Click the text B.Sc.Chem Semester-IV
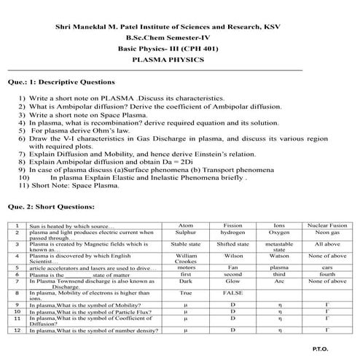pyautogui.click(x=179, y=40)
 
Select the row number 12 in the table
pyautogui.click(x=16, y=331)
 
